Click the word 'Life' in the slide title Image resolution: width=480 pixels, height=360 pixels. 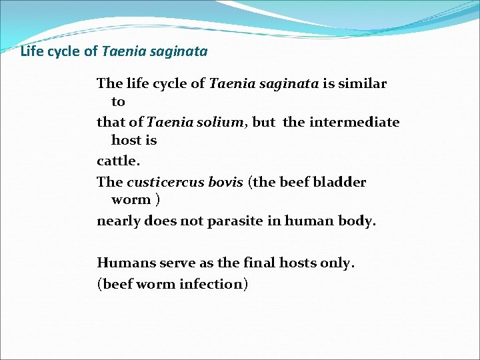31,51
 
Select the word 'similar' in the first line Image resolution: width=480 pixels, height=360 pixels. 363,83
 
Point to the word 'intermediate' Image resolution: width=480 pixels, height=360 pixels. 363,123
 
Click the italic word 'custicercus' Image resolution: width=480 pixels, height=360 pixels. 162,182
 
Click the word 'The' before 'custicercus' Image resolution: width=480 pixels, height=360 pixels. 110,182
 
